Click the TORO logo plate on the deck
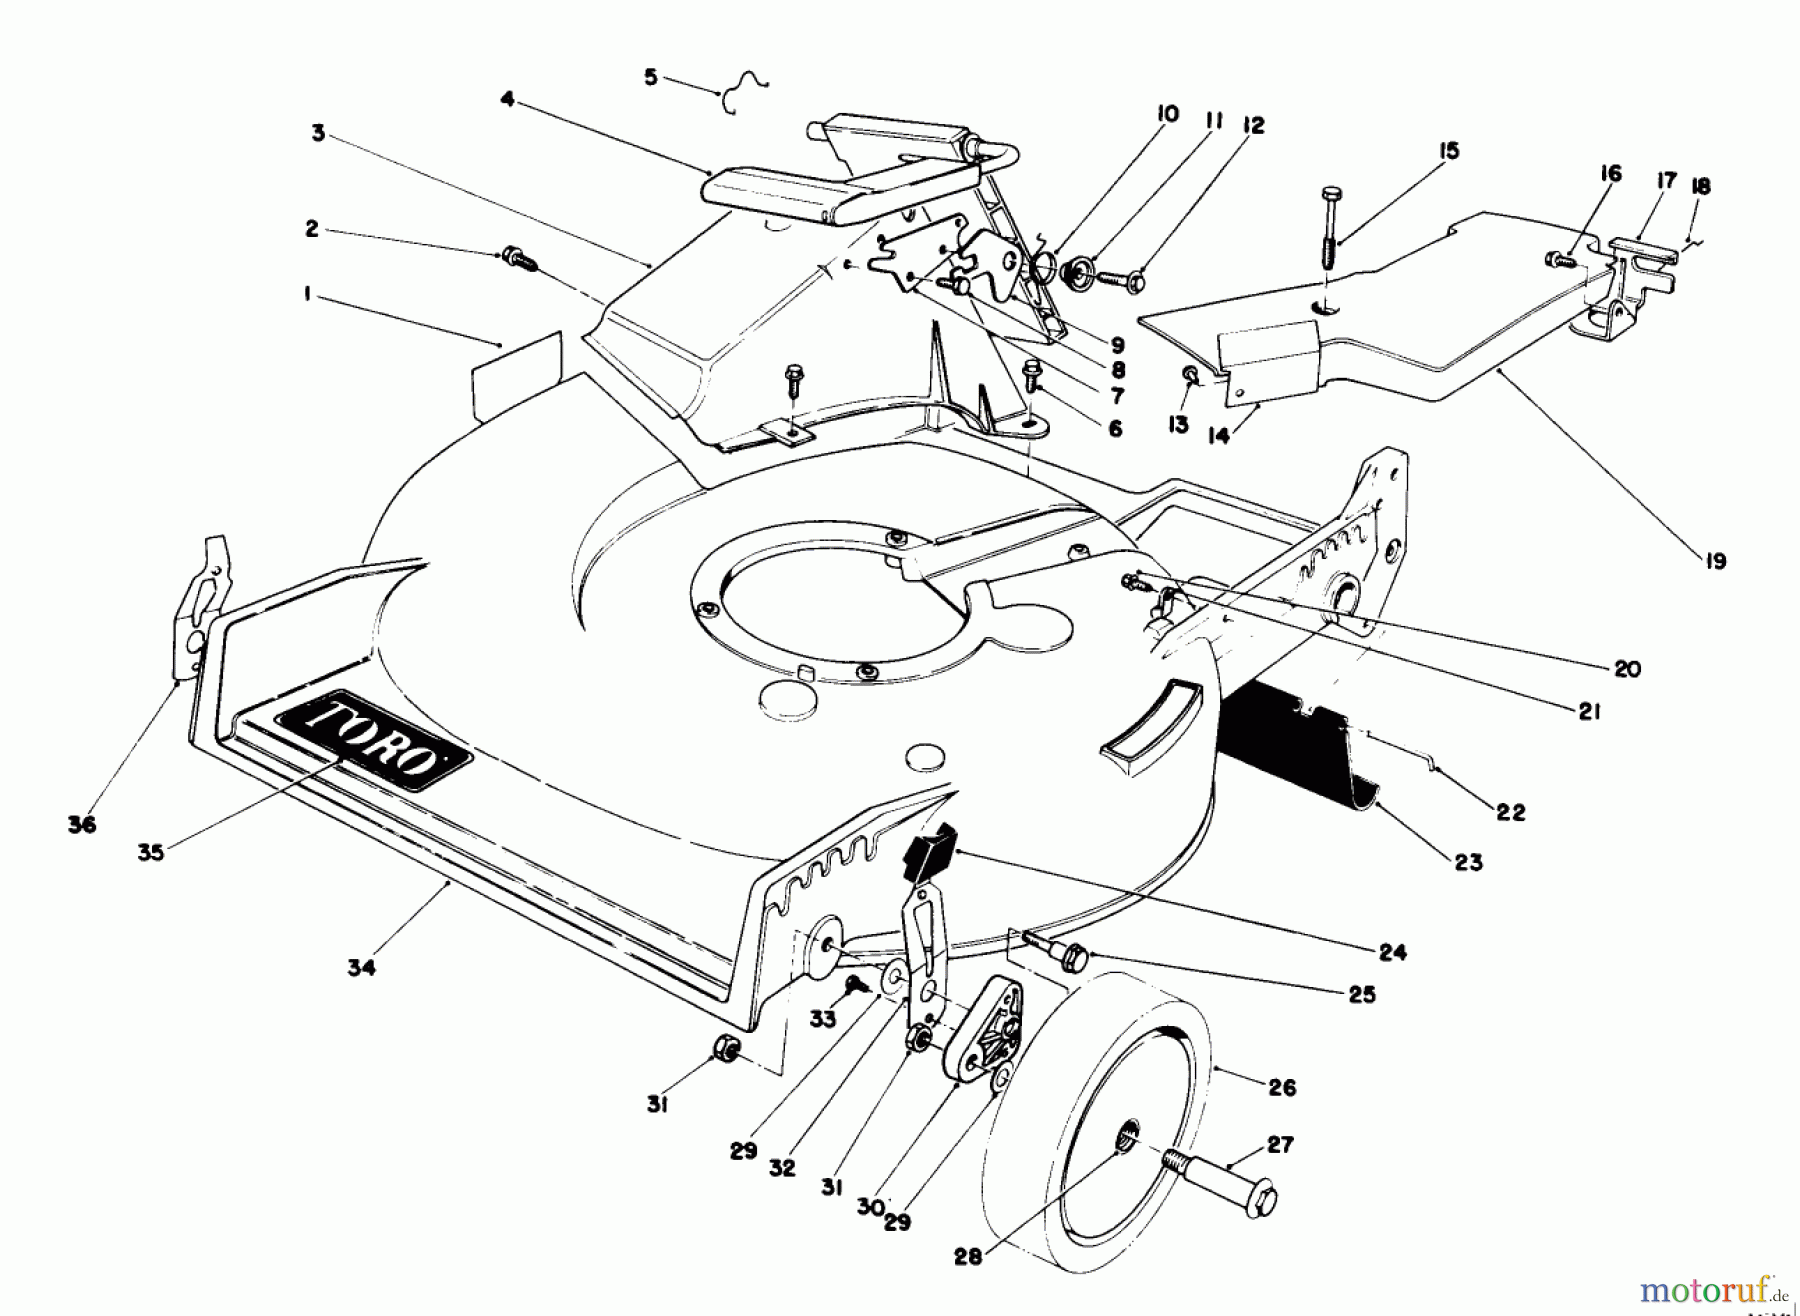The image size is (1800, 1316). pyautogui.click(x=370, y=740)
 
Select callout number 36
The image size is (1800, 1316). pyautogui.click(x=81, y=825)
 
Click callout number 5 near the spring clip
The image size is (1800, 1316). pyautogui.click(x=651, y=77)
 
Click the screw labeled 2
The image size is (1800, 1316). pyautogui.click(x=518, y=257)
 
